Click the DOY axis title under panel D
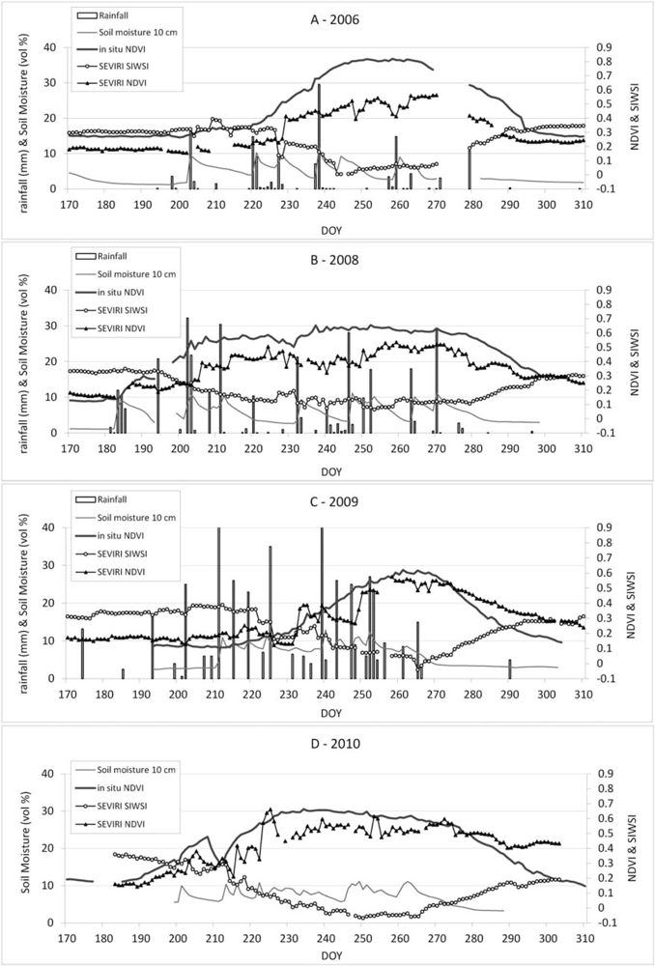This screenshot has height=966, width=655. tap(327, 957)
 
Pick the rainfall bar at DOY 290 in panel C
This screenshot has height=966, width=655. tap(510, 668)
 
